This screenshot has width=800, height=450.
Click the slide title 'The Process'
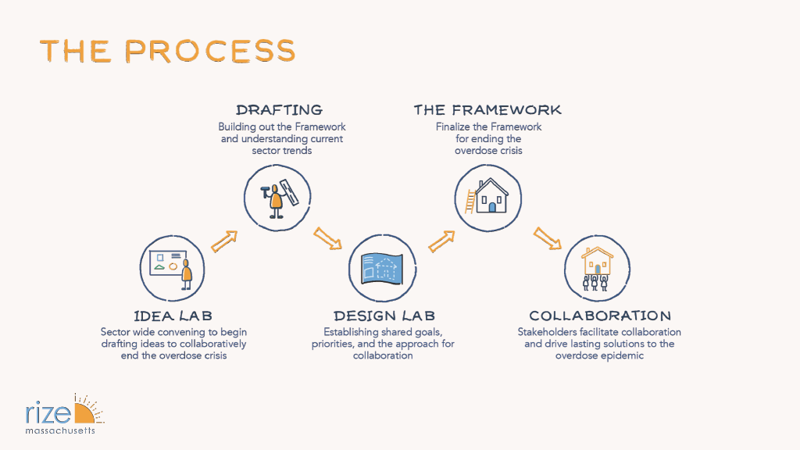[x=168, y=51]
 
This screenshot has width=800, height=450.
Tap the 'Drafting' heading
[x=279, y=110]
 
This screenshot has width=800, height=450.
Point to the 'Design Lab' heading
[x=384, y=316]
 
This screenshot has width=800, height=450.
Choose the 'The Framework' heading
[x=487, y=110]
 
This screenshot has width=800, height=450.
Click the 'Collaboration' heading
[x=600, y=316]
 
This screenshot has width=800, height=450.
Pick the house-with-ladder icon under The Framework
[x=488, y=195]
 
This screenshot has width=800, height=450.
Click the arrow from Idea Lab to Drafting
[x=224, y=241]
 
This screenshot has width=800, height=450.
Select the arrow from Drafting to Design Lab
[x=328, y=238]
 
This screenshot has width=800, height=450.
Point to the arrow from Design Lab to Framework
[x=442, y=241]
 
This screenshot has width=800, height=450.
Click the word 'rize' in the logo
[x=48, y=413]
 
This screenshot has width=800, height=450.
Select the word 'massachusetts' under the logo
[x=60, y=430]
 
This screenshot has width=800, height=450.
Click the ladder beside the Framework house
[x=470, y=201]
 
